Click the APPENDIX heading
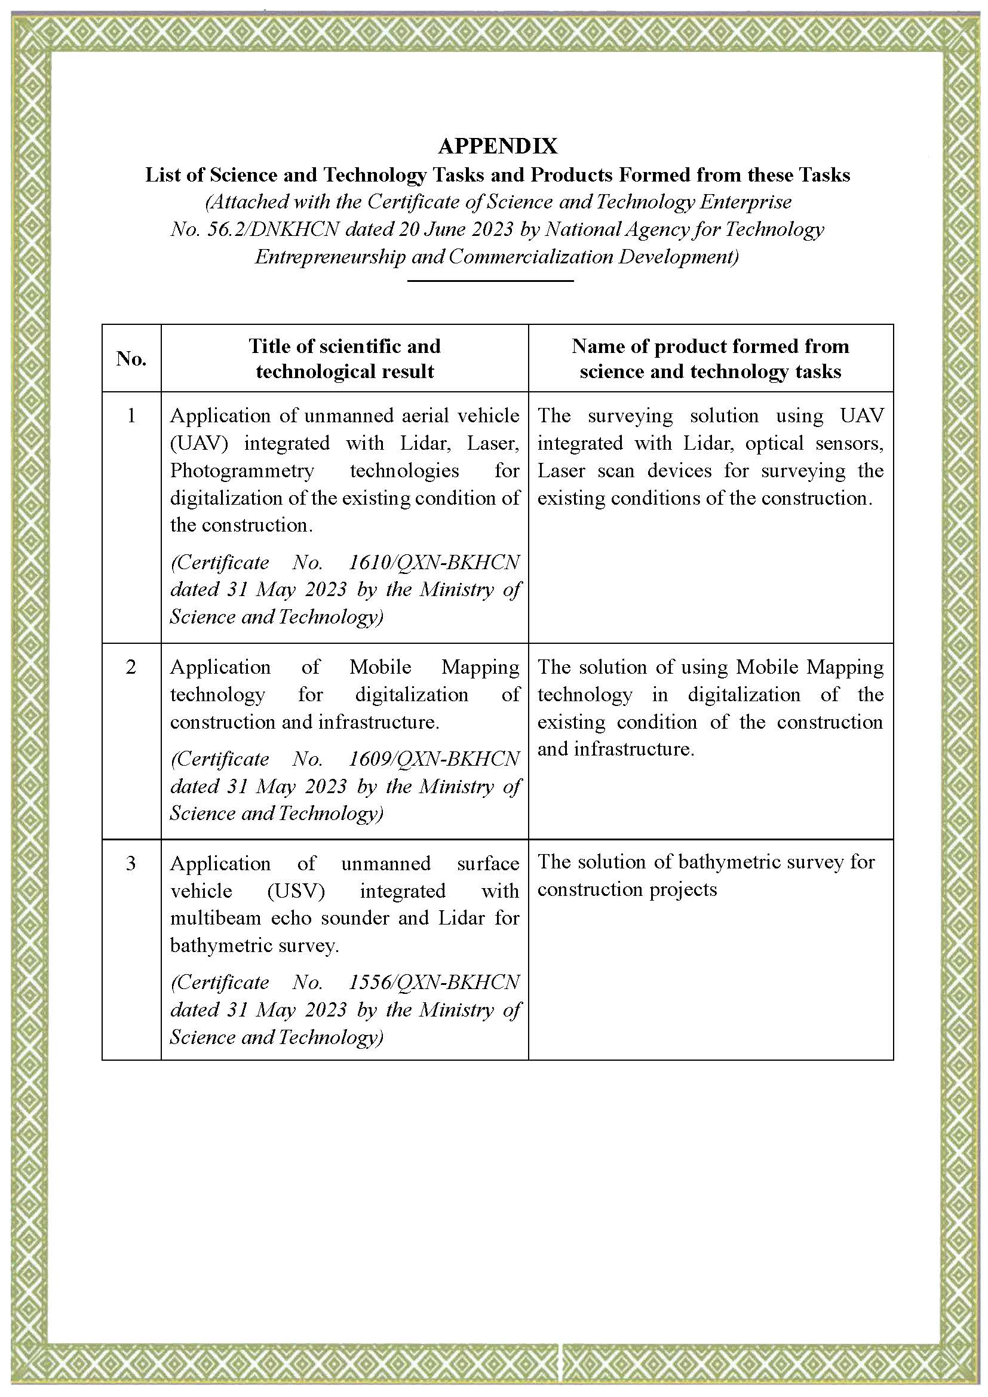coord(497,146)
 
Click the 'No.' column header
coord(131,358)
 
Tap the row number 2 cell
coord(131,667)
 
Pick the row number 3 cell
coord(131,864)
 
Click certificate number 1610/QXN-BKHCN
coord(434,562)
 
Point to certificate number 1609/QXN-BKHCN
coord(434,759)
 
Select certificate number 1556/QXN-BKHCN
coord(434,982)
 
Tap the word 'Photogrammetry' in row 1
coord(242,470)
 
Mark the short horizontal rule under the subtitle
coord(490,281)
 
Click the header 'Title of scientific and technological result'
coord(344,358)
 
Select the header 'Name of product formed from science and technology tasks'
coord(710,358)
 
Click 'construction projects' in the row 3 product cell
coord(627,889)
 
